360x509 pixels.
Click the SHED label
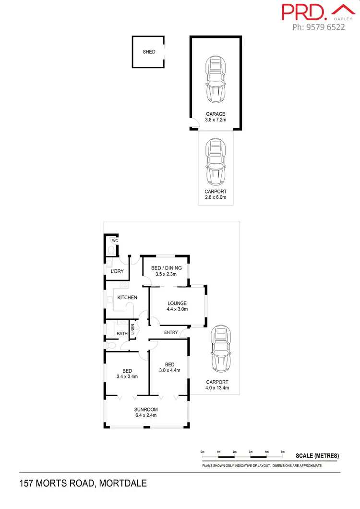pos(149,52)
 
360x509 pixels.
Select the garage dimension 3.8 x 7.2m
pos(216,121)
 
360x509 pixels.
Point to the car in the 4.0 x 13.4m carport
pos(221,348)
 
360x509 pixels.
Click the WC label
pos(115,241)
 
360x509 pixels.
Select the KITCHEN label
pos(127,298)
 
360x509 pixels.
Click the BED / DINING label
pos(166,268)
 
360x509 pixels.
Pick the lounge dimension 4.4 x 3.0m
pos(177,309)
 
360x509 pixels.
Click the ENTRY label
pos(171,332)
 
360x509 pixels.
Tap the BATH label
pos(122,333)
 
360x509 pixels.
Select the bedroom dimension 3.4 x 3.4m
pos(127,377)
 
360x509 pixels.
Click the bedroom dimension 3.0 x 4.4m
pos(169,370)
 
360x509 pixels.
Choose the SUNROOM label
pos(146,410)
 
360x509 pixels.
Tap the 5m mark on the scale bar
pos(282,452)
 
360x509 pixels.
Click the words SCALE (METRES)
pos(317,456)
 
